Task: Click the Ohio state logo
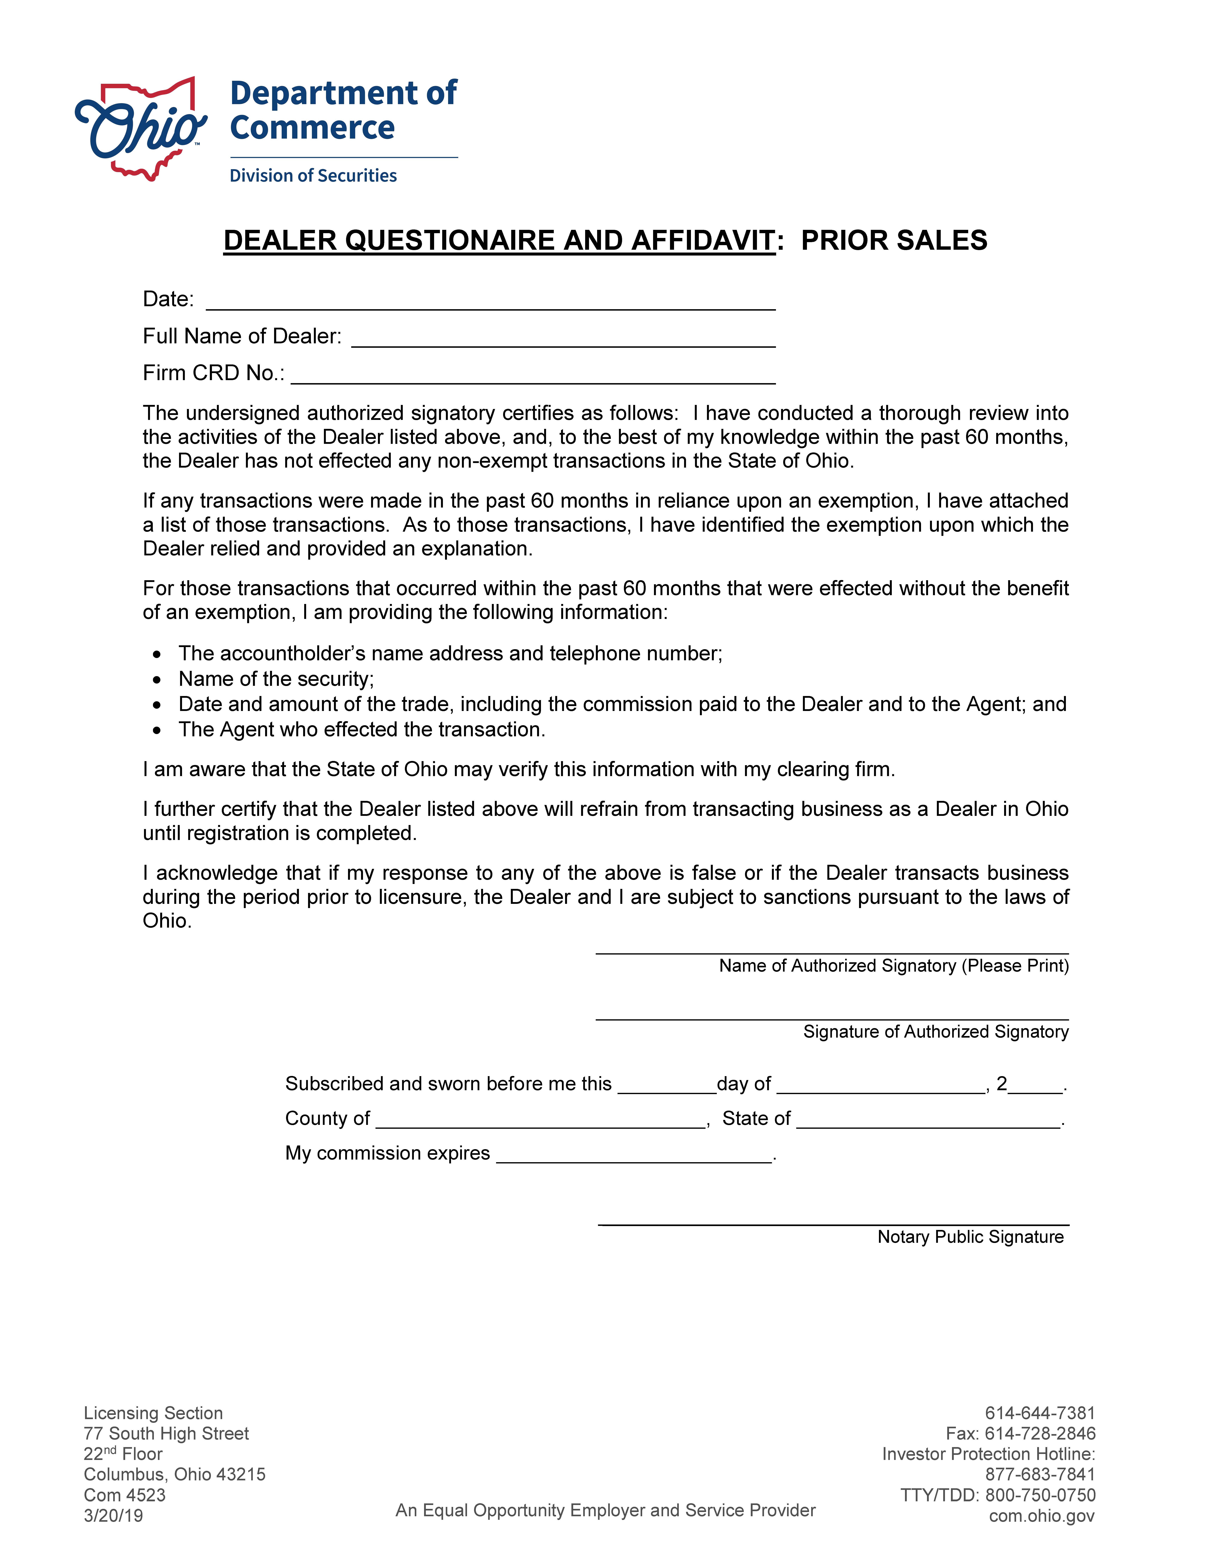(141, 129)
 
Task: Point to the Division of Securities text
(313, 176)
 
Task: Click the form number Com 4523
(125, 1495)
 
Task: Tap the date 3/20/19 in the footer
(113, 1516)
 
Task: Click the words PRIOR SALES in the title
(894, 241)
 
